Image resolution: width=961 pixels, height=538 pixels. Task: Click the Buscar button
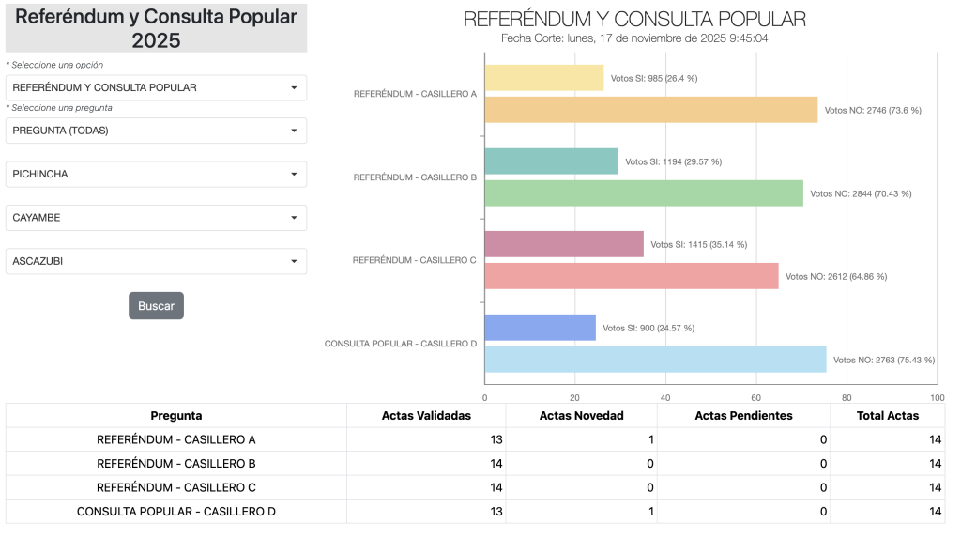(x=156, y=306)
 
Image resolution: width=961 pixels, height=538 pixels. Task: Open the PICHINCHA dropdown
(x=156, y=174)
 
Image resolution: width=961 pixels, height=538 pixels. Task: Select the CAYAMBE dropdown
(x=156, y=218)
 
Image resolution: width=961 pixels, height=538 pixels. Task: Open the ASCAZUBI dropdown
(x=156, y=261)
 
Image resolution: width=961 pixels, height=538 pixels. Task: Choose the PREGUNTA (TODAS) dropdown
(x=156, y=131)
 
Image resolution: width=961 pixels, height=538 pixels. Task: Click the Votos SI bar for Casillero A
(x=544, y=78)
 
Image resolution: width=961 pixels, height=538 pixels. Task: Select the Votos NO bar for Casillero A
(x=650, y=110)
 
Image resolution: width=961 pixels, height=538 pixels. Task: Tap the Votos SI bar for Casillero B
(x=552, y=161)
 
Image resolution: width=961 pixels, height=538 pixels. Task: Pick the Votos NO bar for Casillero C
(x=632, y=276)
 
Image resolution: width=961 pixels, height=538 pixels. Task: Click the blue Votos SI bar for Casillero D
(x=541, y=328)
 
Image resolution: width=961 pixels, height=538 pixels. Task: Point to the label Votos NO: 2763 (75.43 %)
(x=883, y=360)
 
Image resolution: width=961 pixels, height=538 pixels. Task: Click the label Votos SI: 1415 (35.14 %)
(x=698, y=244)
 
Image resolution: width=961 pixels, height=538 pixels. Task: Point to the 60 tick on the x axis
(x=755, y=397)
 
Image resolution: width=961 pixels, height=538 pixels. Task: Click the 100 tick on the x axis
(x=936, y=397)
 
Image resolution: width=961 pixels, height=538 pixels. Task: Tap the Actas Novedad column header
(x=581, y=416)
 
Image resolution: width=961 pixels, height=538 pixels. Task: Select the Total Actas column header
(x=887, y=416)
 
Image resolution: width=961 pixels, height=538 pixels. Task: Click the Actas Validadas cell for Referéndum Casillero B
(x=426, y=464)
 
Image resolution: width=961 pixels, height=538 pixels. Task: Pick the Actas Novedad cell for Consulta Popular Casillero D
(x=581, y=512)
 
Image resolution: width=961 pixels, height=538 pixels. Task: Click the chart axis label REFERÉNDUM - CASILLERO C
(x=414, y=260)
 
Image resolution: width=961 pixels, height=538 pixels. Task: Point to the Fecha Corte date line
(x=634, y=38)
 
